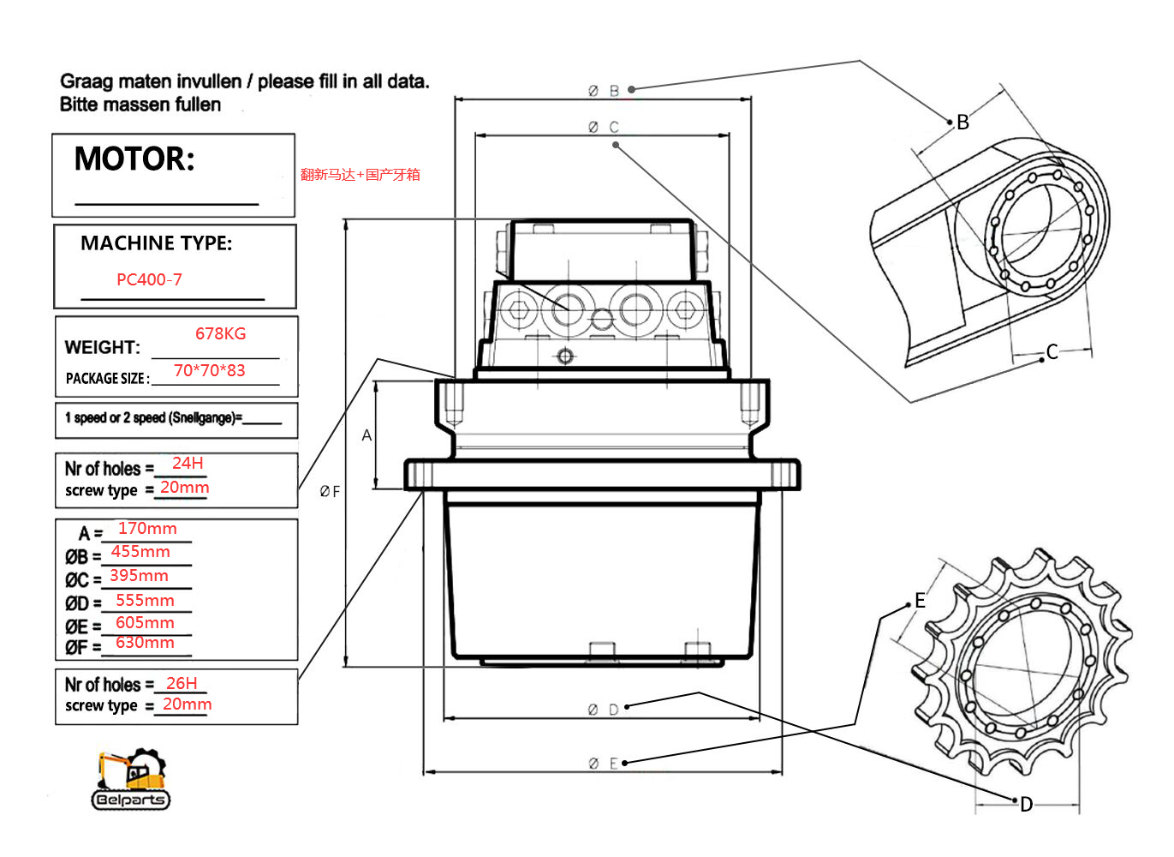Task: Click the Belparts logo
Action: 131,780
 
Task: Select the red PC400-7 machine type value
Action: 149,279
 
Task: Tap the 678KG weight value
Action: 220,333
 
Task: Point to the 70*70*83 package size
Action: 209,370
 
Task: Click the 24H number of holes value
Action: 188,463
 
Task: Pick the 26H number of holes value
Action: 182,683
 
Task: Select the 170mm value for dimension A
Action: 147,529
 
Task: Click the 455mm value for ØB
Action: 140,552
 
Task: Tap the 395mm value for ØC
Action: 139,575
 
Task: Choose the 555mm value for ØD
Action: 145,600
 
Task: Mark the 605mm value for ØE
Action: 145,622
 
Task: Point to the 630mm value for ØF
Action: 145,642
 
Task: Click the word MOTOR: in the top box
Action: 134,159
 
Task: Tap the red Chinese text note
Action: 360,175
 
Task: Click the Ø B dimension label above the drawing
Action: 604,90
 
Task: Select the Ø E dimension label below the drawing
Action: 604,763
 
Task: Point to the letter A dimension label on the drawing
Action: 367,435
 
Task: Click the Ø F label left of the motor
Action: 330,491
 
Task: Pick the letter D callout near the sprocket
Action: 1026,804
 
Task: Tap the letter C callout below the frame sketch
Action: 1052,351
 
